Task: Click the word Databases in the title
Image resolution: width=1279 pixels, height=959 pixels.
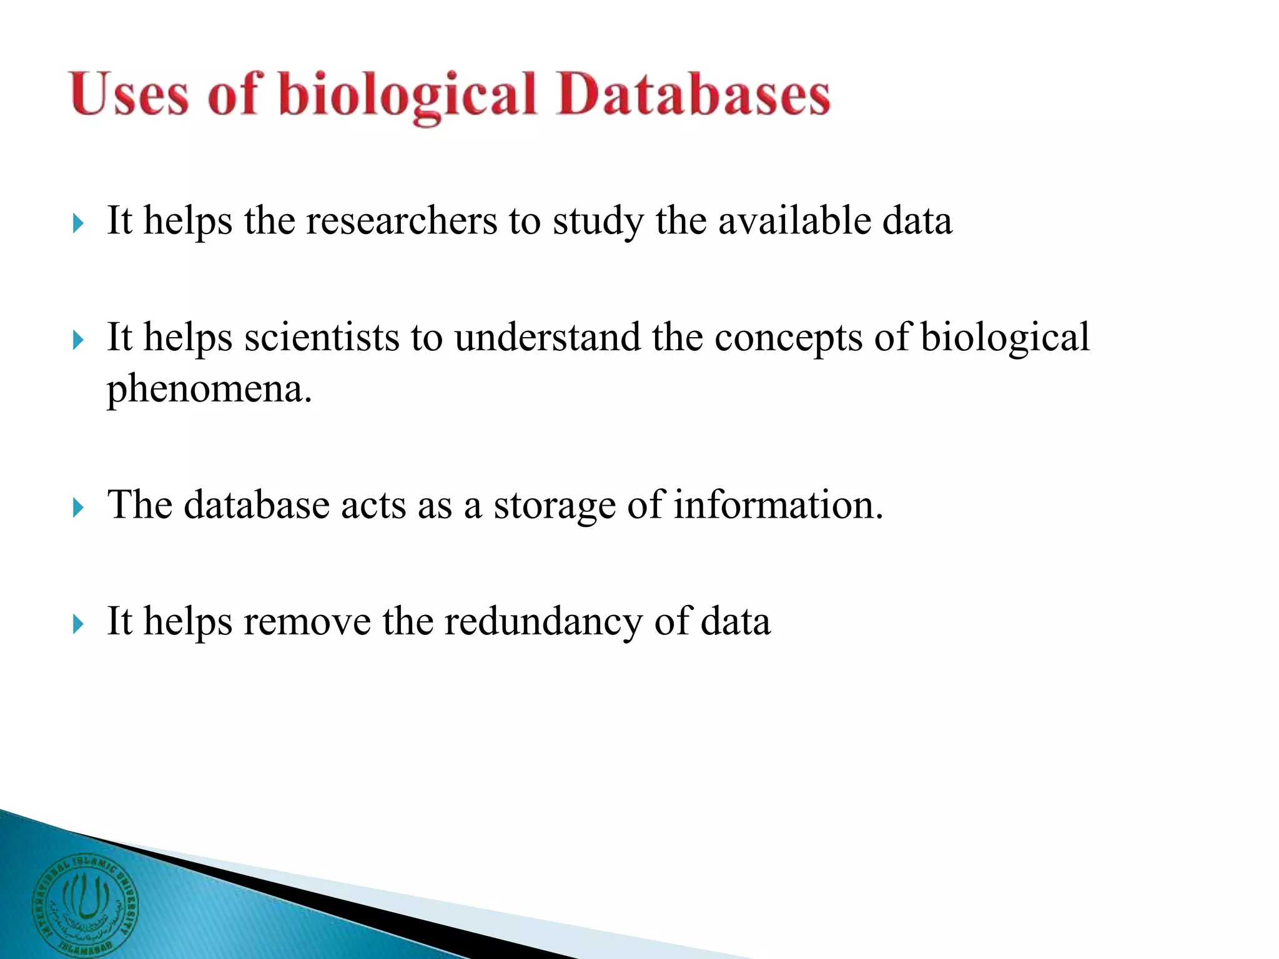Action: click(x=693, y=95)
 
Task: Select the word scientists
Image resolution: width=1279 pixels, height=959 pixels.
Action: click(x=322, y=337)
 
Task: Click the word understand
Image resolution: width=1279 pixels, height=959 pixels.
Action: click(x=547, y=337)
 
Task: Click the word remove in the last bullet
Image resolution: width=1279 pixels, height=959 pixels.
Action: click(x=307, y=622)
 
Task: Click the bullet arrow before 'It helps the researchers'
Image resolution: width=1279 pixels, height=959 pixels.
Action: click(x=78, y=223)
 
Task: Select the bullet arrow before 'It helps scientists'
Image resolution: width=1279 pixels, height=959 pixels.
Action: click(x=78, y=340)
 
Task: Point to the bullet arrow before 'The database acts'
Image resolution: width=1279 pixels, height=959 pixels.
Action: click(x=78, y=508)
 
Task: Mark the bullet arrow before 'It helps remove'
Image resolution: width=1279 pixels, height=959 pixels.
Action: click(x=78, y=624)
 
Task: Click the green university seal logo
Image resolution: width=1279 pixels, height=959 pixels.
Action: click(x=85, y=905)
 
